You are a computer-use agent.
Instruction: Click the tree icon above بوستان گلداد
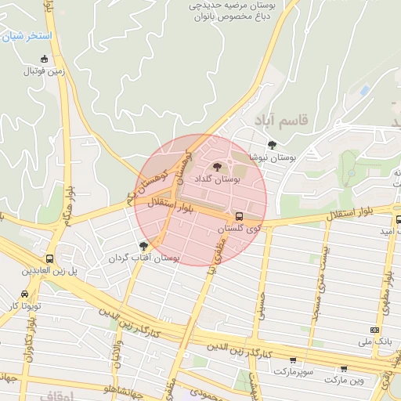point(218,166)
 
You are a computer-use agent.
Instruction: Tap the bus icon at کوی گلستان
point(239,216)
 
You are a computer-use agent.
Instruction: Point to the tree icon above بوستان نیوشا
point(272,144)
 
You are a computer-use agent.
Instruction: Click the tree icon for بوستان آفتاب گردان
point(143,246)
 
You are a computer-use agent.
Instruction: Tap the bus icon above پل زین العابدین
point(50,258)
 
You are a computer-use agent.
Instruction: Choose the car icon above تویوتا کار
point(26,294)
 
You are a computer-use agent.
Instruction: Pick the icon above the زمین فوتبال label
point(44,59)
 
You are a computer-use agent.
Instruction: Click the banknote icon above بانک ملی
point(374,331)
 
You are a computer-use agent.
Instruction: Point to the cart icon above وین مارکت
point(344,368)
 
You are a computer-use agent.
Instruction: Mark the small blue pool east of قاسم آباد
point(364,91)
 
